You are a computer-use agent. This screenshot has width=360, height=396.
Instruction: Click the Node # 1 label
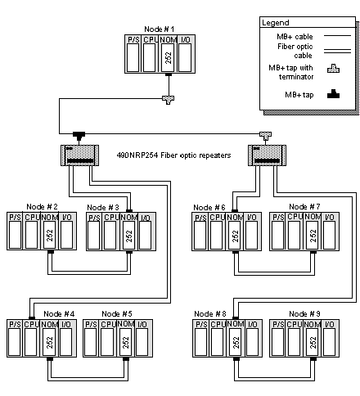159,29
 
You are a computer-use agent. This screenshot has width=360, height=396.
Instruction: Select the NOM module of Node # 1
169,54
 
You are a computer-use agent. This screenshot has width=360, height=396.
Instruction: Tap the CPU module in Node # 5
108,339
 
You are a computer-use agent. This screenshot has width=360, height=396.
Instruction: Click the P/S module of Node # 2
16,232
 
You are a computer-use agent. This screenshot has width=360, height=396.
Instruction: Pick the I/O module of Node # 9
330,339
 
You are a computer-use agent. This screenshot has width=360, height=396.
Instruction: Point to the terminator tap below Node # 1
169,100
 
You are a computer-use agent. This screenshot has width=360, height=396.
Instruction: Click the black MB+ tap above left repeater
79,136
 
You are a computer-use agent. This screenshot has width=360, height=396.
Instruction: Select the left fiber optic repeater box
79,155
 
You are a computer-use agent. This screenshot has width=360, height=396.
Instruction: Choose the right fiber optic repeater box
267,155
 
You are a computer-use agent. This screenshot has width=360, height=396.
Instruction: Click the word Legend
275,23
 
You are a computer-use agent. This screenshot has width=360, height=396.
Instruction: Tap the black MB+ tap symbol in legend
333,93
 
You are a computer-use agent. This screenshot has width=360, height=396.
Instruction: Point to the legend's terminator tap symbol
333,69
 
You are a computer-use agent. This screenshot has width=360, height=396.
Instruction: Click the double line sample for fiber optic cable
337,51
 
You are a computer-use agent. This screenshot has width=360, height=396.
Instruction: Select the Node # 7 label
304,207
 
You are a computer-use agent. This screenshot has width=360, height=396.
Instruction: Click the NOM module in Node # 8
236,339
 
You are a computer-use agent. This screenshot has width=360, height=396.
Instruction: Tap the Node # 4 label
59,314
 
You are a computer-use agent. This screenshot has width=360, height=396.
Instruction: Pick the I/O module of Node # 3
146,232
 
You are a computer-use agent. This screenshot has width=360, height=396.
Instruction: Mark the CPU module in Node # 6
217,232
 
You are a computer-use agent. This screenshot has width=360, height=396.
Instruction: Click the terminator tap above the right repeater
265,136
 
